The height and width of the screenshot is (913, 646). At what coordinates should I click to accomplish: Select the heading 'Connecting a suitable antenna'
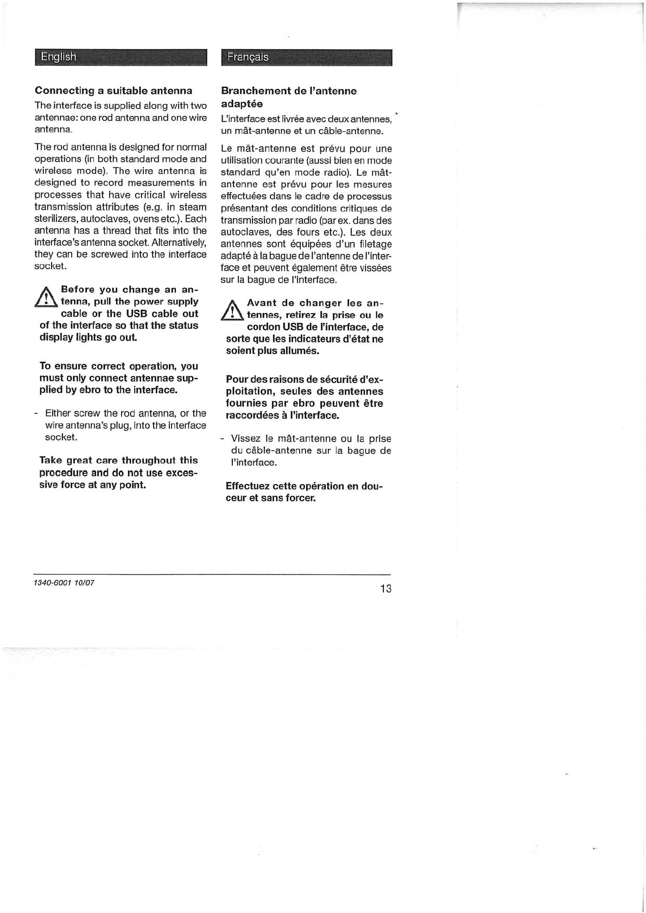[x=113, y=91]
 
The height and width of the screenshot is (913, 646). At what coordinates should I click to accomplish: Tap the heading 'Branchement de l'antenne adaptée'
[x=289, y=97]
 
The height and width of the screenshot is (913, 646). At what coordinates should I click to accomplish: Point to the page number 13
[x=385, y=589]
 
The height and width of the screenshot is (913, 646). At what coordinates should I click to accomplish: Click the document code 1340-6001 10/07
[x=64, y=583]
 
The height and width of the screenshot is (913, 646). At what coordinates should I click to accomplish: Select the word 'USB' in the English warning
[x=137, y=314]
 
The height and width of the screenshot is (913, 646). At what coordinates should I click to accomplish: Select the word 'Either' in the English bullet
[x=57, y=413]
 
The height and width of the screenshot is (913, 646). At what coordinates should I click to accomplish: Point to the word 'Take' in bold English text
[x=50, y=461]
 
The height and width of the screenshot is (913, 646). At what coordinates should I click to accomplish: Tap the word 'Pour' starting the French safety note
[x=237, y=380]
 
